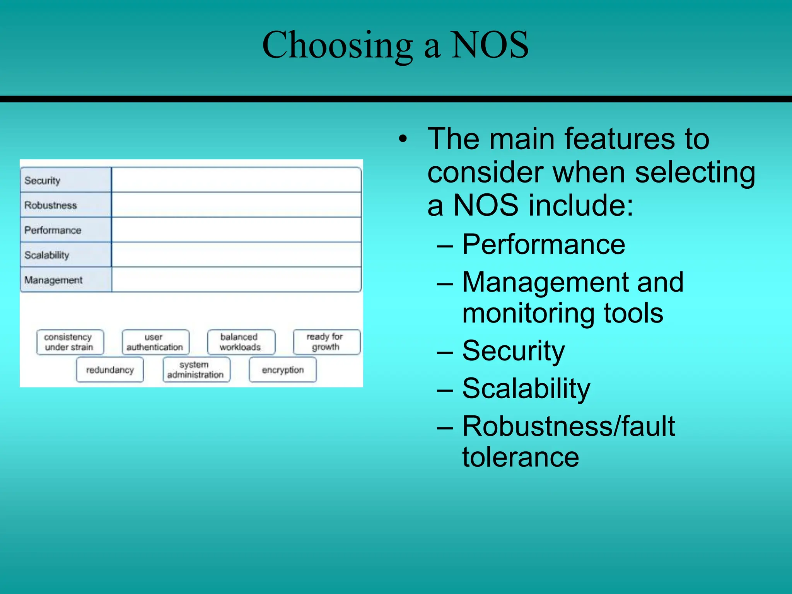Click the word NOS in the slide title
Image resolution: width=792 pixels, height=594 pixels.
(x=490, y=45)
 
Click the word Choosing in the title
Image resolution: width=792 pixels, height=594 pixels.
(x=337, y=45)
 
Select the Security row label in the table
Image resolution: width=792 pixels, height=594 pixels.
(x=43, y=181)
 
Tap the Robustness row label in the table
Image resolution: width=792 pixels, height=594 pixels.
(x=51, y=205)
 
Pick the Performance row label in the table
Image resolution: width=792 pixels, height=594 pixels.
(x=53, y=230)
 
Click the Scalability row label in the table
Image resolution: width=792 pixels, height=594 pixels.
(x=47, y=255)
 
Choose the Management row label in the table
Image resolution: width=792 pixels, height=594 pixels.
(x=53, y=280)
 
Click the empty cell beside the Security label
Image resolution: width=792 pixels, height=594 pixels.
(x=236, y=180)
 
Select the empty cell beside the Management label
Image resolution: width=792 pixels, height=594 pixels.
(x=236, y=279)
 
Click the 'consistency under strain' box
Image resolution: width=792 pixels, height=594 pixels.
(x=70, y=342)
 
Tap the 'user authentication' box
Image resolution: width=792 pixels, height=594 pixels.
(x=155, y=342)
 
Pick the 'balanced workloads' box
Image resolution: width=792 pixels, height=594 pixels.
(x=241, y=342)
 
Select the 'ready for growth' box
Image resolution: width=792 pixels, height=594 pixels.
(x=326, y=342)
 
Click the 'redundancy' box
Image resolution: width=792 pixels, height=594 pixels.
(x=110, y=370)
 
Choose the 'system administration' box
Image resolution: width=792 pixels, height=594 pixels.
(x=196, y=370)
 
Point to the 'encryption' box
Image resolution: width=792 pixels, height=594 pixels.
(x=283, y=370)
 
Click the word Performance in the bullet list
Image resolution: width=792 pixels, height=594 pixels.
(x=543, y=244)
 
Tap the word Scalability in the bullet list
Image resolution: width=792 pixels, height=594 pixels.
(x=526, y=389)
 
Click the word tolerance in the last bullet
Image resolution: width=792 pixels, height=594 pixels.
(x=521, y=457)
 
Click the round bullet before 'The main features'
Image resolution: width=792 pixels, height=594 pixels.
(x=403, y=139)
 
